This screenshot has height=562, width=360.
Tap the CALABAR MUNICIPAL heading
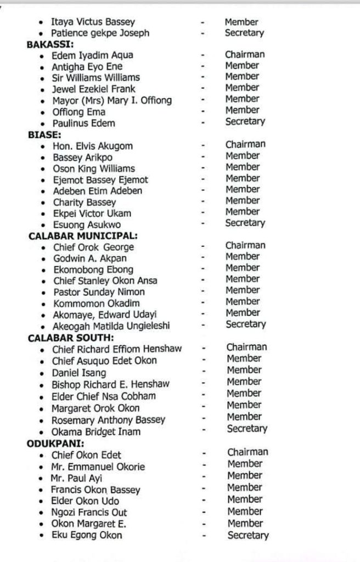(83, 235)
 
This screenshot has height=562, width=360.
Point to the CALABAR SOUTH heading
(71, 337)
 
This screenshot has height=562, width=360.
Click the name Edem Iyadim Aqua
(93, 55)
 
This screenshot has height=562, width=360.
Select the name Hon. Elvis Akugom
(93, 146)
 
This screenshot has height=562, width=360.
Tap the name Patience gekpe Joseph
(100, 33)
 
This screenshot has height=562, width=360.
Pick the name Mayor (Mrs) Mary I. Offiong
(112, 100)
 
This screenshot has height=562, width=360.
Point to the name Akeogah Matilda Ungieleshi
(111, 326)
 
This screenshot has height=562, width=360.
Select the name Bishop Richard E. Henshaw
(110, 384)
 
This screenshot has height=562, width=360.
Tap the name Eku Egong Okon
(87, 535)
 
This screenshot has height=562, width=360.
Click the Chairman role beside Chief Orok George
(245, 245)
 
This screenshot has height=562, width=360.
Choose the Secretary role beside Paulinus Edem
(245, 121)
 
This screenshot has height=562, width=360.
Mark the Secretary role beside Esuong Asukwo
(245, 223)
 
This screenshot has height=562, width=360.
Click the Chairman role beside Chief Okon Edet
(248, 452)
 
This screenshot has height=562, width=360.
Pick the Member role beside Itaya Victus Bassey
(241, 22)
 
